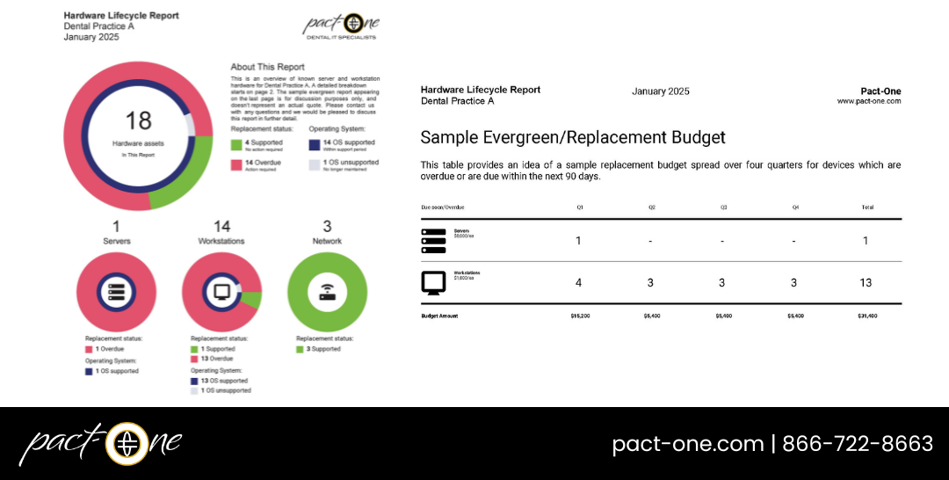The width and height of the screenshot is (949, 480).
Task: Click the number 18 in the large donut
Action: click(x=139, y=121)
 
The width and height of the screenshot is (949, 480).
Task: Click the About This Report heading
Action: click(x=267, y=67)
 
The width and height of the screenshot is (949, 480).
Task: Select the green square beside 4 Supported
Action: click(x=235, y=144)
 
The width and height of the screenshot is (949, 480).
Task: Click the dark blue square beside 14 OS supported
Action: click(x=315, y=144)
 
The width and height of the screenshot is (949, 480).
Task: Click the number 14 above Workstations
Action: click(x=221, y=227)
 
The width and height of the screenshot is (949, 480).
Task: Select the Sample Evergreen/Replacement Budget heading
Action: click(x=573, y=138)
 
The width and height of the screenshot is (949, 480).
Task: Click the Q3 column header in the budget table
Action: click(x=723, y=207)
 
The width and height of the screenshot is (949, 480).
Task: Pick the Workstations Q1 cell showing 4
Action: click(x=578, y=282)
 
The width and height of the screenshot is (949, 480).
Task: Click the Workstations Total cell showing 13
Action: click(x=866, y=282)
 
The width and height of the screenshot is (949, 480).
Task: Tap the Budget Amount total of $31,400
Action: click(x=866, y=315)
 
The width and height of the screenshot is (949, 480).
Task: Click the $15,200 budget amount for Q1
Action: click(x=579, y=315)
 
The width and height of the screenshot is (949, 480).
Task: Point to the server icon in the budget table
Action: click(x=434, y=241)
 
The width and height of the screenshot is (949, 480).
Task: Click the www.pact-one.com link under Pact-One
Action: click(x=868, y=101)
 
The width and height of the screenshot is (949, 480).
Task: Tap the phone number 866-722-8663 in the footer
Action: click(x=858, y=444)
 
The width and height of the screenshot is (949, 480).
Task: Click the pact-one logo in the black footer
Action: click(x=100, y=444)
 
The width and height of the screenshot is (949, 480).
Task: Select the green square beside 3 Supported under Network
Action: click(x=300, y=349)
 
